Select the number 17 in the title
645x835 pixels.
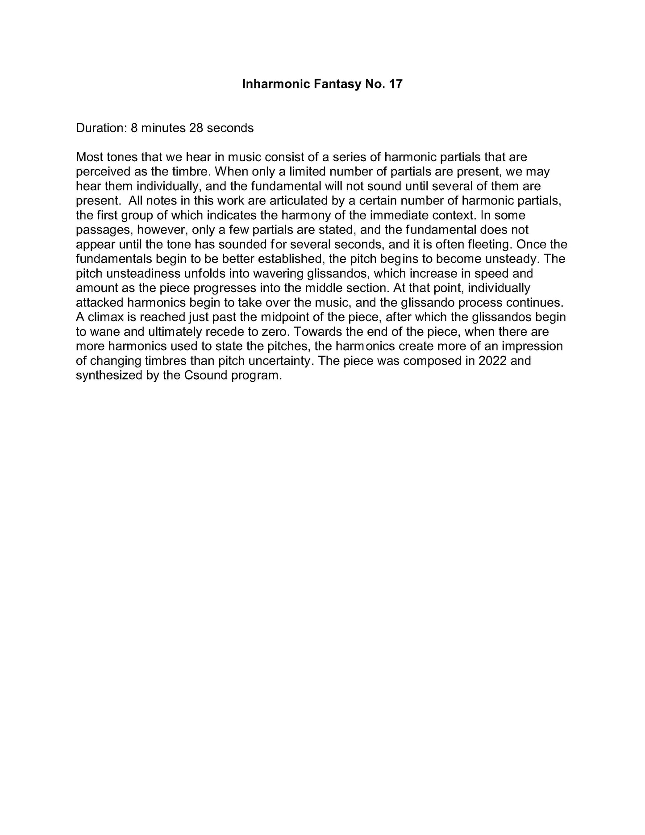tap(395, 84)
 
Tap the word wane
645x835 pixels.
tap(103, 332)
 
